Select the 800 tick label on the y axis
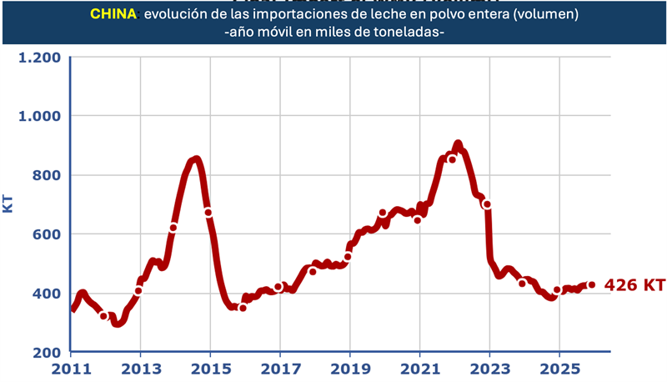(x=45, y=175)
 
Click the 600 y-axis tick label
(x=45, y=234)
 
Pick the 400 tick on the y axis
(x=45, y=294)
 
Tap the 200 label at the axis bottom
(x=45, y=352)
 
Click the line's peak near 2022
(x=458, y=144)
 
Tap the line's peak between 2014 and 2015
(x=195, y=158)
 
